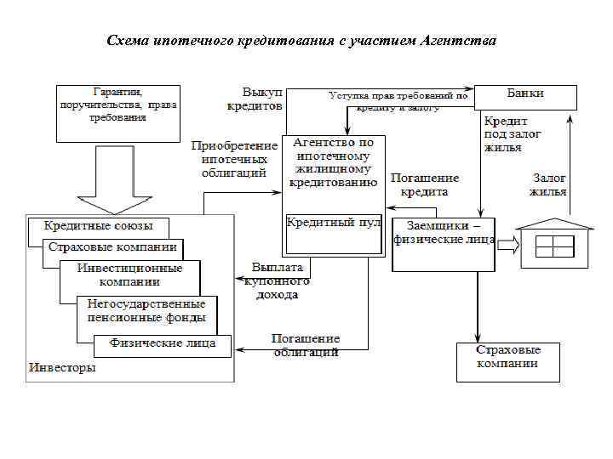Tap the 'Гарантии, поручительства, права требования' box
(x=117, y=112)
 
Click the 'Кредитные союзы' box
(x=98, y=228)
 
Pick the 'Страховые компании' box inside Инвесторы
(x=113, y=248)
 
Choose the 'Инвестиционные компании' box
(x=129, y=275)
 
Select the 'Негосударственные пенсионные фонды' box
(x=146, y=310)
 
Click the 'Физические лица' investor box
(x=162, y=344)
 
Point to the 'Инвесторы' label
(x=62, y=368)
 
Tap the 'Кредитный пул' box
(x=334, y=235)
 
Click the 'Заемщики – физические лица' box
(x=444, y=244)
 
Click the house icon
(x=554, y=240)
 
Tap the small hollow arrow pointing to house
(x=507, y=245)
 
